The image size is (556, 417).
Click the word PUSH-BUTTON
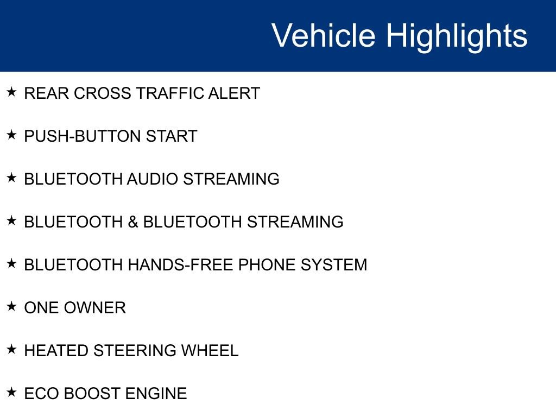(83, 136)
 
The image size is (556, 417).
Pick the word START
(172, 136)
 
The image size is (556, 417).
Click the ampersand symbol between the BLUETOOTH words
(133, 222)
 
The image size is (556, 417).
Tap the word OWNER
(95, 308)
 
